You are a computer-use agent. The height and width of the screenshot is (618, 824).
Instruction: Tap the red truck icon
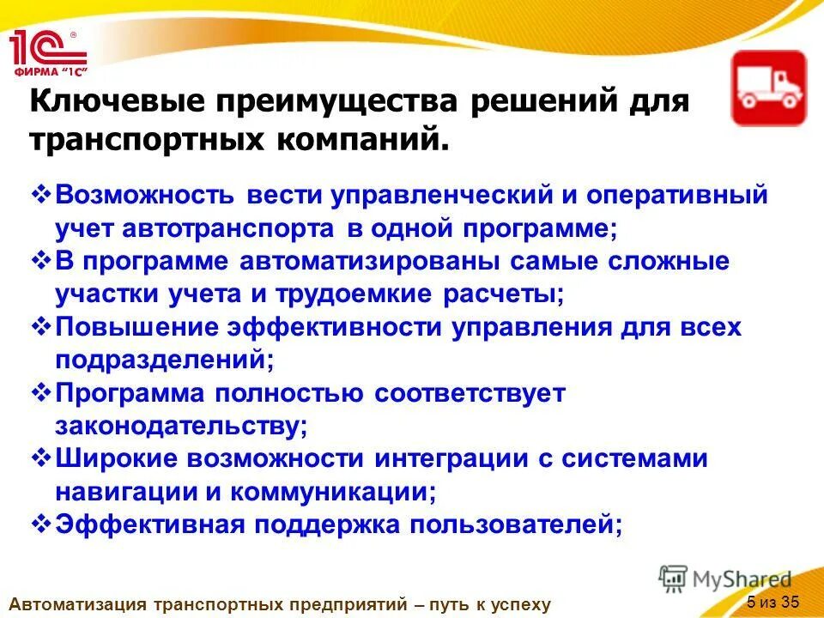pyautogui.click(x=768, y=88)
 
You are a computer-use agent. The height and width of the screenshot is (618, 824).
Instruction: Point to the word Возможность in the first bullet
pyautogui.click(x=145, y=194)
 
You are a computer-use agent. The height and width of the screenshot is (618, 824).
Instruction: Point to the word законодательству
pyautogui.click(x=181, y=426)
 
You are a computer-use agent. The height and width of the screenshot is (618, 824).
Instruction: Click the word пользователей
pyautogui.click(x=516, y=524)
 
